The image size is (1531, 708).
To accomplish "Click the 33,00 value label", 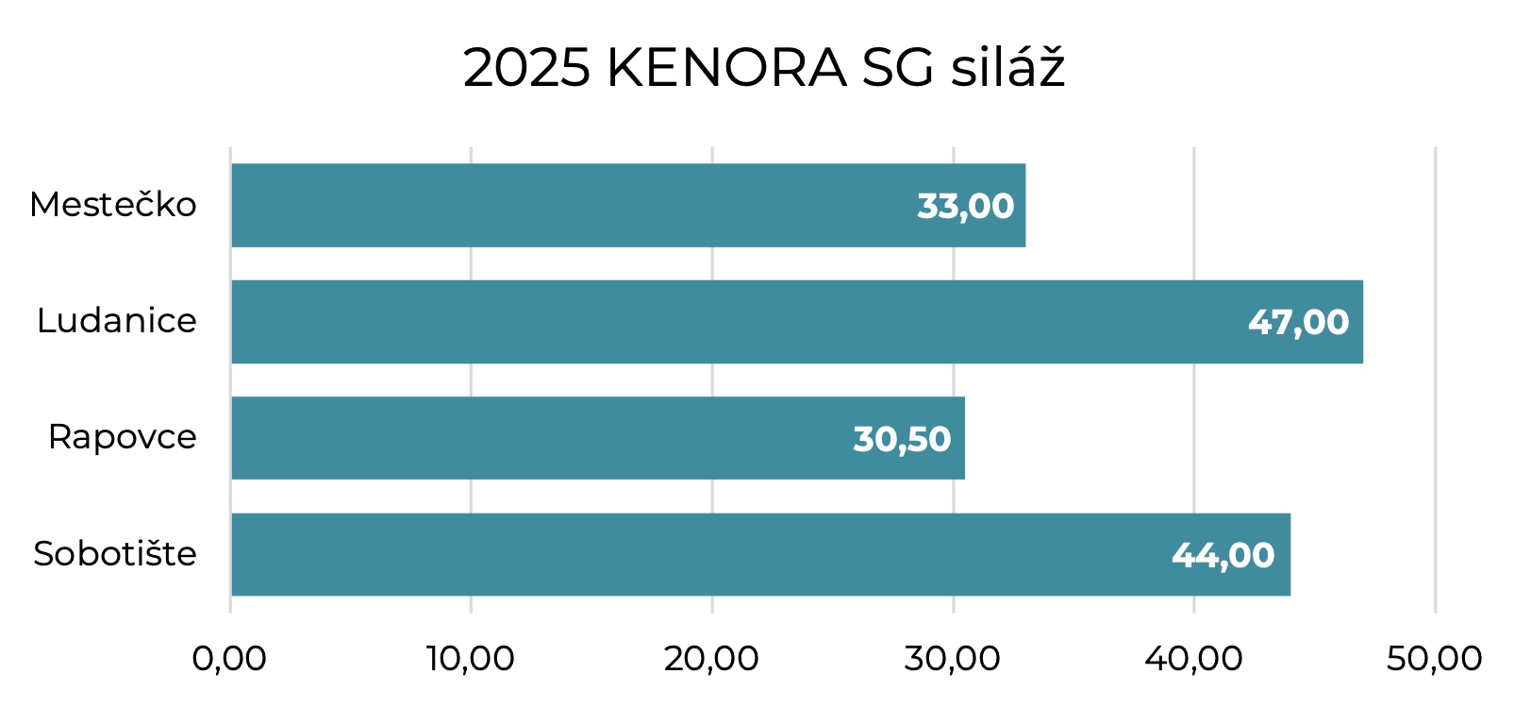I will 965,206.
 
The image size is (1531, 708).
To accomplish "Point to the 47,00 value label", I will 1298,323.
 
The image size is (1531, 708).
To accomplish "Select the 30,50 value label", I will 902,439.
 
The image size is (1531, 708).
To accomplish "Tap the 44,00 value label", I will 1223,555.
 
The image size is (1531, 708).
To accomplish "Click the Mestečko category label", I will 113,205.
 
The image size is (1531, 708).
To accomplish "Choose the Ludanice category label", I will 117,321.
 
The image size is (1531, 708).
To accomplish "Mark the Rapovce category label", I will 123,437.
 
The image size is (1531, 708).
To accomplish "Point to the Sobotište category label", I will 115,553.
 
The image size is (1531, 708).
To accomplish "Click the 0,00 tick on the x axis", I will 229,659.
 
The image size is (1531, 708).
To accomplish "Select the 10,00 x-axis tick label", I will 470,659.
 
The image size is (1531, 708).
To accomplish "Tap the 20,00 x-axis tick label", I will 711,659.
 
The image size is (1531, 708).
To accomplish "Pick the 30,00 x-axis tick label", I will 952,659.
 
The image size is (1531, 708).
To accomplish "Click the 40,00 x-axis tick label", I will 1193,659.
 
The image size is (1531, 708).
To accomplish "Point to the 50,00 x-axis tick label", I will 1434,659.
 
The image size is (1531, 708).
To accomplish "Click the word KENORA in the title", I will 726,68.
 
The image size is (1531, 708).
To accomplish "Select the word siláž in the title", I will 1007,68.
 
